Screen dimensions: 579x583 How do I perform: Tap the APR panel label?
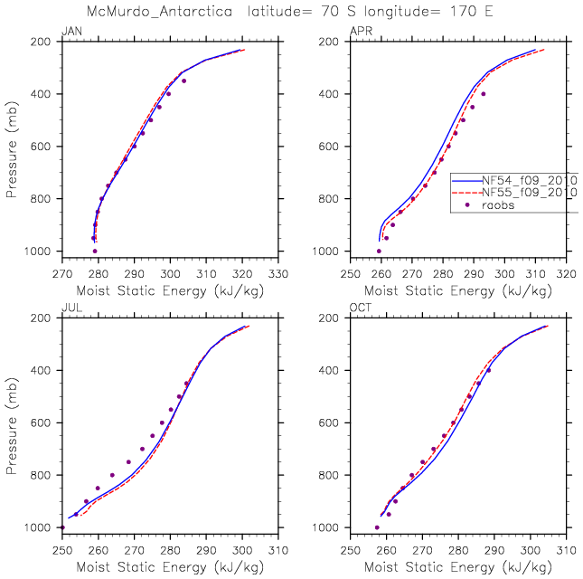(360, 33)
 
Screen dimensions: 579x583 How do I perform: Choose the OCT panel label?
(360, 309)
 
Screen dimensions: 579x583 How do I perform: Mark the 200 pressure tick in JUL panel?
(44, 318)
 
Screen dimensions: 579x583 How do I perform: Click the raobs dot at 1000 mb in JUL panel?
(62, 527)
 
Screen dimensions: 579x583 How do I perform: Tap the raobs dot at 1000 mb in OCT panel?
(377, 527)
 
